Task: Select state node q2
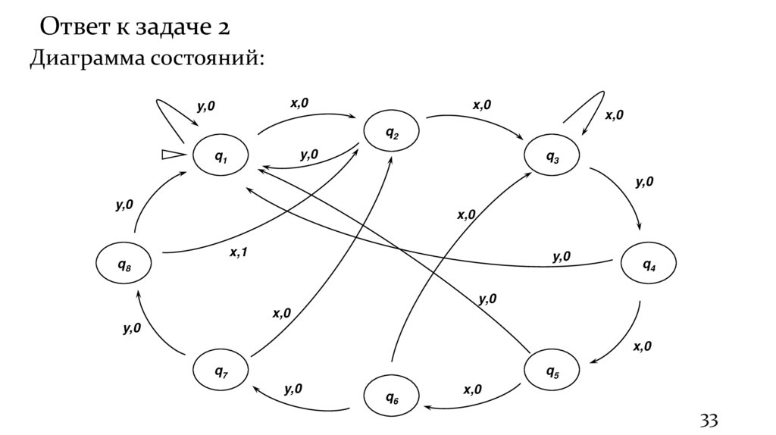pos(393,133)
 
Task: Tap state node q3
pos(553,157)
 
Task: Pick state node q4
pos(649,265)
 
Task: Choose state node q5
pos(552,371)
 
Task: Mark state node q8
pos(124,264)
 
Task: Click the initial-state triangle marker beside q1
pos(172,155)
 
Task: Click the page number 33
pos(708,420)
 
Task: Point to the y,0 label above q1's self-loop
pos(205,107)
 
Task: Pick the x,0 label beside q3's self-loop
pos(614,115)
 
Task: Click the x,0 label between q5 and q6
pos(472,390)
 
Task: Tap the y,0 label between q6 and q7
pos(293,390)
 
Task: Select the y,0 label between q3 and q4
pos(644,182)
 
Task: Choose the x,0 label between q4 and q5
pos(642,346)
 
